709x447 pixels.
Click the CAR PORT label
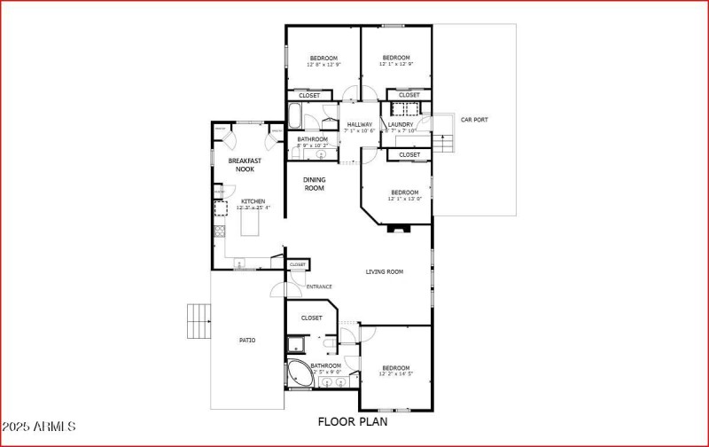tap(473, 120)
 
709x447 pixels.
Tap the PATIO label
tap(247, 340)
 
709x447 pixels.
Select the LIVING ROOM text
tap(385, 271)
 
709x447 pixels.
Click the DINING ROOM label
tap(315, 184)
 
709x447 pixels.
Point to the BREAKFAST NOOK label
tap(244, 164)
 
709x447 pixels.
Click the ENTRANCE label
tap(319, 286)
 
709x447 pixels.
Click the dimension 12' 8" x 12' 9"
tap(323, 64)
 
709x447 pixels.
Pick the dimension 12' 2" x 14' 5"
tap(396, 374)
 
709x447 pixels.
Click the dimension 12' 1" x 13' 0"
tap(404, 199)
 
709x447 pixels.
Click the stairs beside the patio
tap(199, 321)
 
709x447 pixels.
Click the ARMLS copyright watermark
tap(40, 428)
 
